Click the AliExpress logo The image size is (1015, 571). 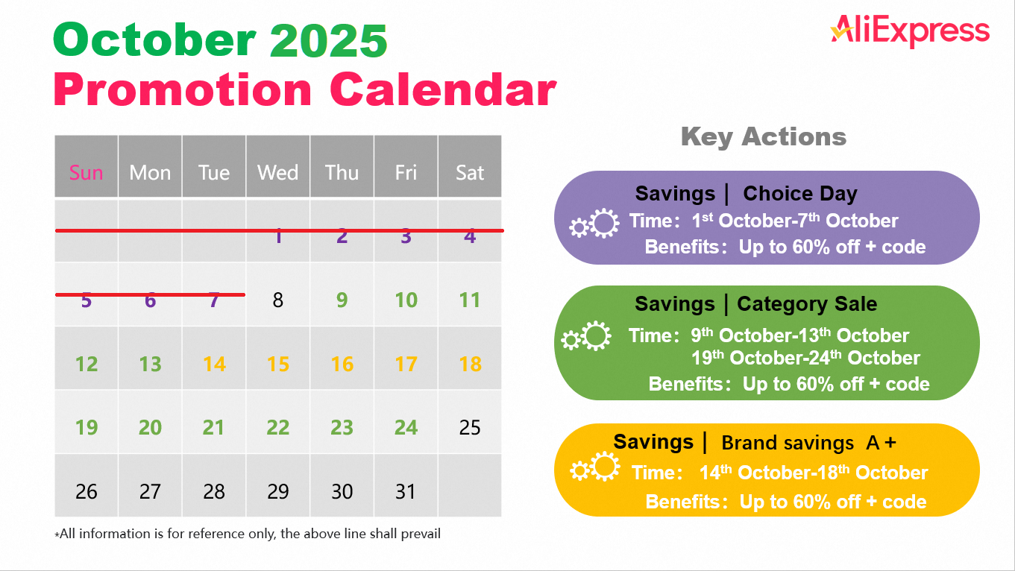click(x=910, y=31)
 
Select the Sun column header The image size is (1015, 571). click(x=86, y=173)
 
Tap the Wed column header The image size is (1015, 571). click(x=277, y=173)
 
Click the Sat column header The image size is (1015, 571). click(x=470, y=173)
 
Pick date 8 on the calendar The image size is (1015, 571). click(x=277, y=300)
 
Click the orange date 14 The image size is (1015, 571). click(x=214, y=365)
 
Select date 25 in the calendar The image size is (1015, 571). click(x=470, y=428)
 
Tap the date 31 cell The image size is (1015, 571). click(x=406, y=492)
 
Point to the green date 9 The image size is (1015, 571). click(x=342, y=300)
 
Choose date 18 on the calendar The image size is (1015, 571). click(x=470, y=365)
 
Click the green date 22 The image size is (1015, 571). click(x=277, y=428)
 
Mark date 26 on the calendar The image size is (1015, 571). click(x=87, y=492)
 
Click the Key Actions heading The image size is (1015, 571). click(x=763, y=137)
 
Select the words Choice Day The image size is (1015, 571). click(x=799, y=195)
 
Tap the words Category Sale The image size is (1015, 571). click(x=807, y=304)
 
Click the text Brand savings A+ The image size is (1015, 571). click(x=808, y=443)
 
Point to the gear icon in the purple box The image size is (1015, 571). click(x=594, y=224)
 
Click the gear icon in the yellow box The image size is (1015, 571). click(x=595, y=469)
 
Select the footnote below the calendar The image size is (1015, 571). click(x=248, y=534)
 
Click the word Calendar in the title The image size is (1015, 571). click(x=443, y=90)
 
